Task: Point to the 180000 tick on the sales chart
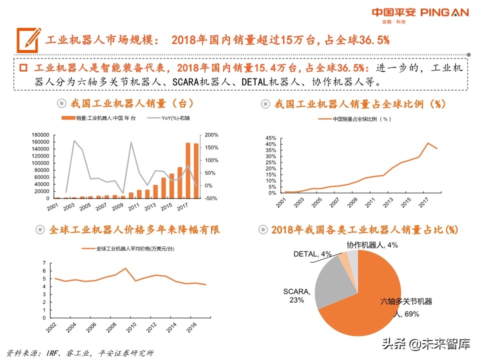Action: (x=40, y=135)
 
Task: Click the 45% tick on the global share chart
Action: (x=270, y=138)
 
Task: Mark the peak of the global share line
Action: (x=428, y=143)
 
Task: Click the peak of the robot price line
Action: (x=125, y=268)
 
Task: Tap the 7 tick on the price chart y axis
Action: (x=44, y=263)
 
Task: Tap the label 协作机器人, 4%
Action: (x=372, y=245)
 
